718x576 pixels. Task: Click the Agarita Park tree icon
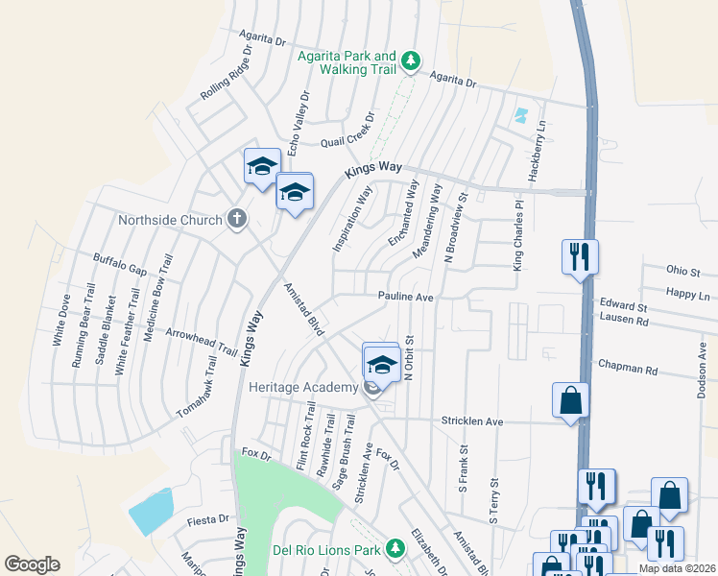point(411,61)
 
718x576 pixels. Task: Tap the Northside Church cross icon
point(238,220)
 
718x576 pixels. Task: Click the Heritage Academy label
point(301,387)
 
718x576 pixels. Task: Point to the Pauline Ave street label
point(405,298)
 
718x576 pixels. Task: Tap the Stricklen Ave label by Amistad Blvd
point(472,420)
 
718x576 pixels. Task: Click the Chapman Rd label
point(627,369)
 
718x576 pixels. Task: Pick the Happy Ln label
point(689,296)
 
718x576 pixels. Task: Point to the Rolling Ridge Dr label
point(226,74)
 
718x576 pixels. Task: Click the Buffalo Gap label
point(119,264)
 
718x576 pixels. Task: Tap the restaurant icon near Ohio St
point(580,256)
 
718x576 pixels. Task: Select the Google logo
point(32,564)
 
